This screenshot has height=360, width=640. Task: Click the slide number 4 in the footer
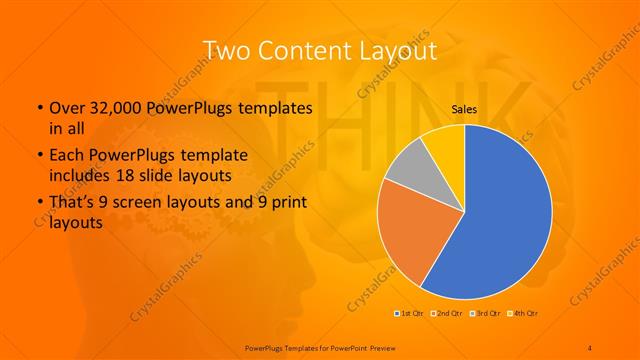(x=591, y=347)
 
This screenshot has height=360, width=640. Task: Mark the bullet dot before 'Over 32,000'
(x=39, y=108)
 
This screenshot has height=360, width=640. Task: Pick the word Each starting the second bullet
(x=67, y=157)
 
